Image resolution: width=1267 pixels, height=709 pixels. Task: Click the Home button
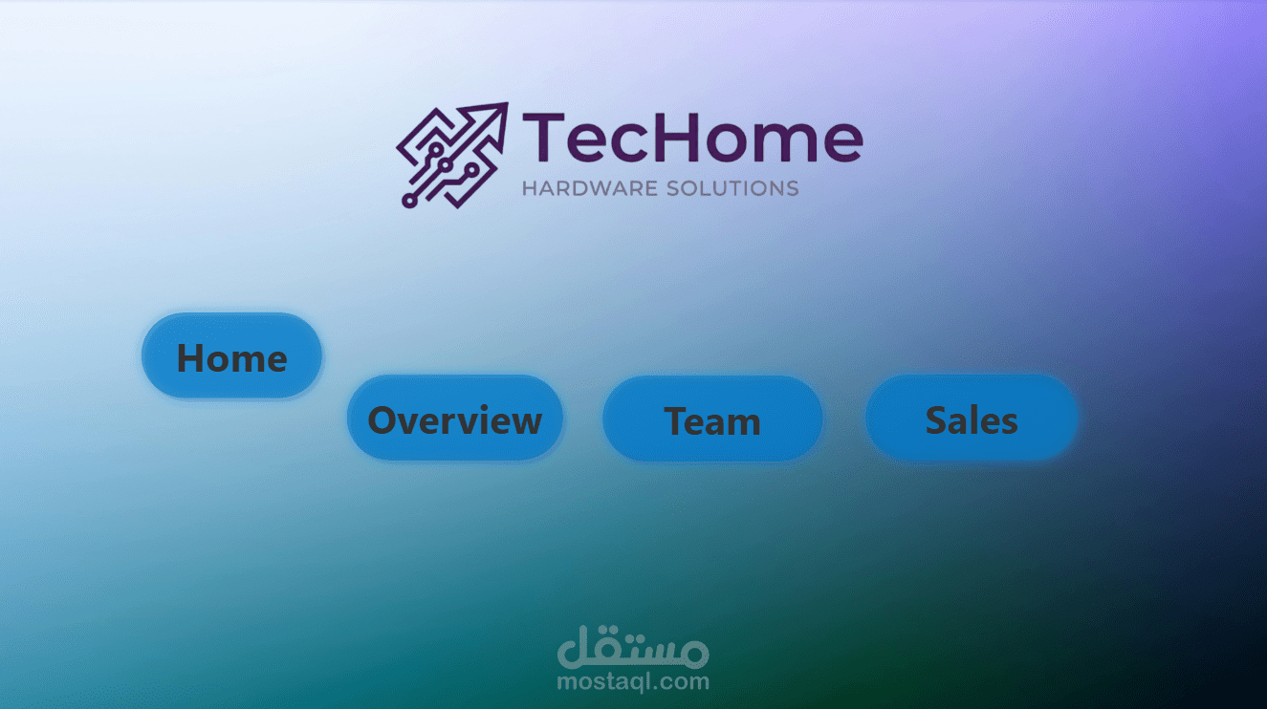[231, 355]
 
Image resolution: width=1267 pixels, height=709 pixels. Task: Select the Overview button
[455, 419]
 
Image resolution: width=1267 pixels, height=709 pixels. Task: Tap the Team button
[712, 419]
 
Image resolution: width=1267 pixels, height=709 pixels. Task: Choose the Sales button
[972, 419]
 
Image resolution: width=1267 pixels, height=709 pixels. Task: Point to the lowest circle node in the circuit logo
[409, 201]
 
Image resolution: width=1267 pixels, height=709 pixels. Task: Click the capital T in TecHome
[541, 138]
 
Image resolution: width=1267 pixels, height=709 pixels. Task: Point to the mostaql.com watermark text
[633, 681]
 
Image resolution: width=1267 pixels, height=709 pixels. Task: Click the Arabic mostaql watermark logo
[633, 648]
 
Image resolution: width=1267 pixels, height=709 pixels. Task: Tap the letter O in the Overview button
[383, 420]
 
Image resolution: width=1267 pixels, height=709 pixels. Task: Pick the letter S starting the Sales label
[937, 420]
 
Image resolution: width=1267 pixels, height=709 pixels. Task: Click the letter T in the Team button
[677, 421]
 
